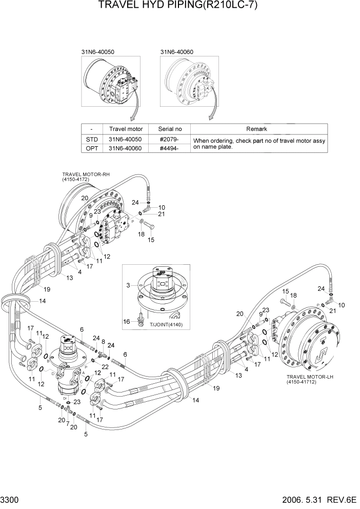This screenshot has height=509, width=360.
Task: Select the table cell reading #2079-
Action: pos(169,139)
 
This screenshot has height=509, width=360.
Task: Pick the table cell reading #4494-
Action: pos(169,148)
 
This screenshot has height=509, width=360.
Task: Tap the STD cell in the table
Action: pos(91,139)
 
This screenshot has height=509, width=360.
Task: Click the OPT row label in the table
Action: pos(91,148)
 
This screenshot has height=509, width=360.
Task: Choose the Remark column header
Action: pos(259,129)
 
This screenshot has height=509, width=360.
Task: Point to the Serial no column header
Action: pos(169,129)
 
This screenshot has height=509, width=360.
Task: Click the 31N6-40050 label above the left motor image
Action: pos(97,52)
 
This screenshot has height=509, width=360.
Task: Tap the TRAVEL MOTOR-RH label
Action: pos(86,174)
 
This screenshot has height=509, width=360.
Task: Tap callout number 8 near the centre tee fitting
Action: pos(103,341)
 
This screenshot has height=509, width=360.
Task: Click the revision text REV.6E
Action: pos(343,500)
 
